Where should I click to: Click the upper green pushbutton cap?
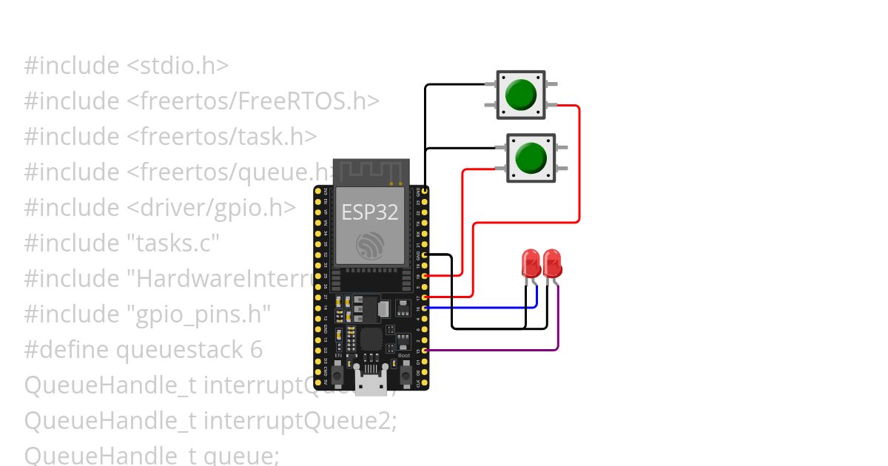[x=521, y=95]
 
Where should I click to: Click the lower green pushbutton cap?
[x=530, y=158]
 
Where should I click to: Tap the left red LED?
[x=531, y=263]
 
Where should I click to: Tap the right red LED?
[x=551, y=263]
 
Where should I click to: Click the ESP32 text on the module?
[x=370, y=213]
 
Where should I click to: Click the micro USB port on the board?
[x=371, y=383]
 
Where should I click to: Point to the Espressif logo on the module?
[x=370, y=245]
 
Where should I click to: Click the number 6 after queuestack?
[x=256, y=350]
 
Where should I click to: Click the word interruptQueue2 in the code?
[x=300, y=421]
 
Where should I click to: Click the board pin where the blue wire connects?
[x=424, y=308]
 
